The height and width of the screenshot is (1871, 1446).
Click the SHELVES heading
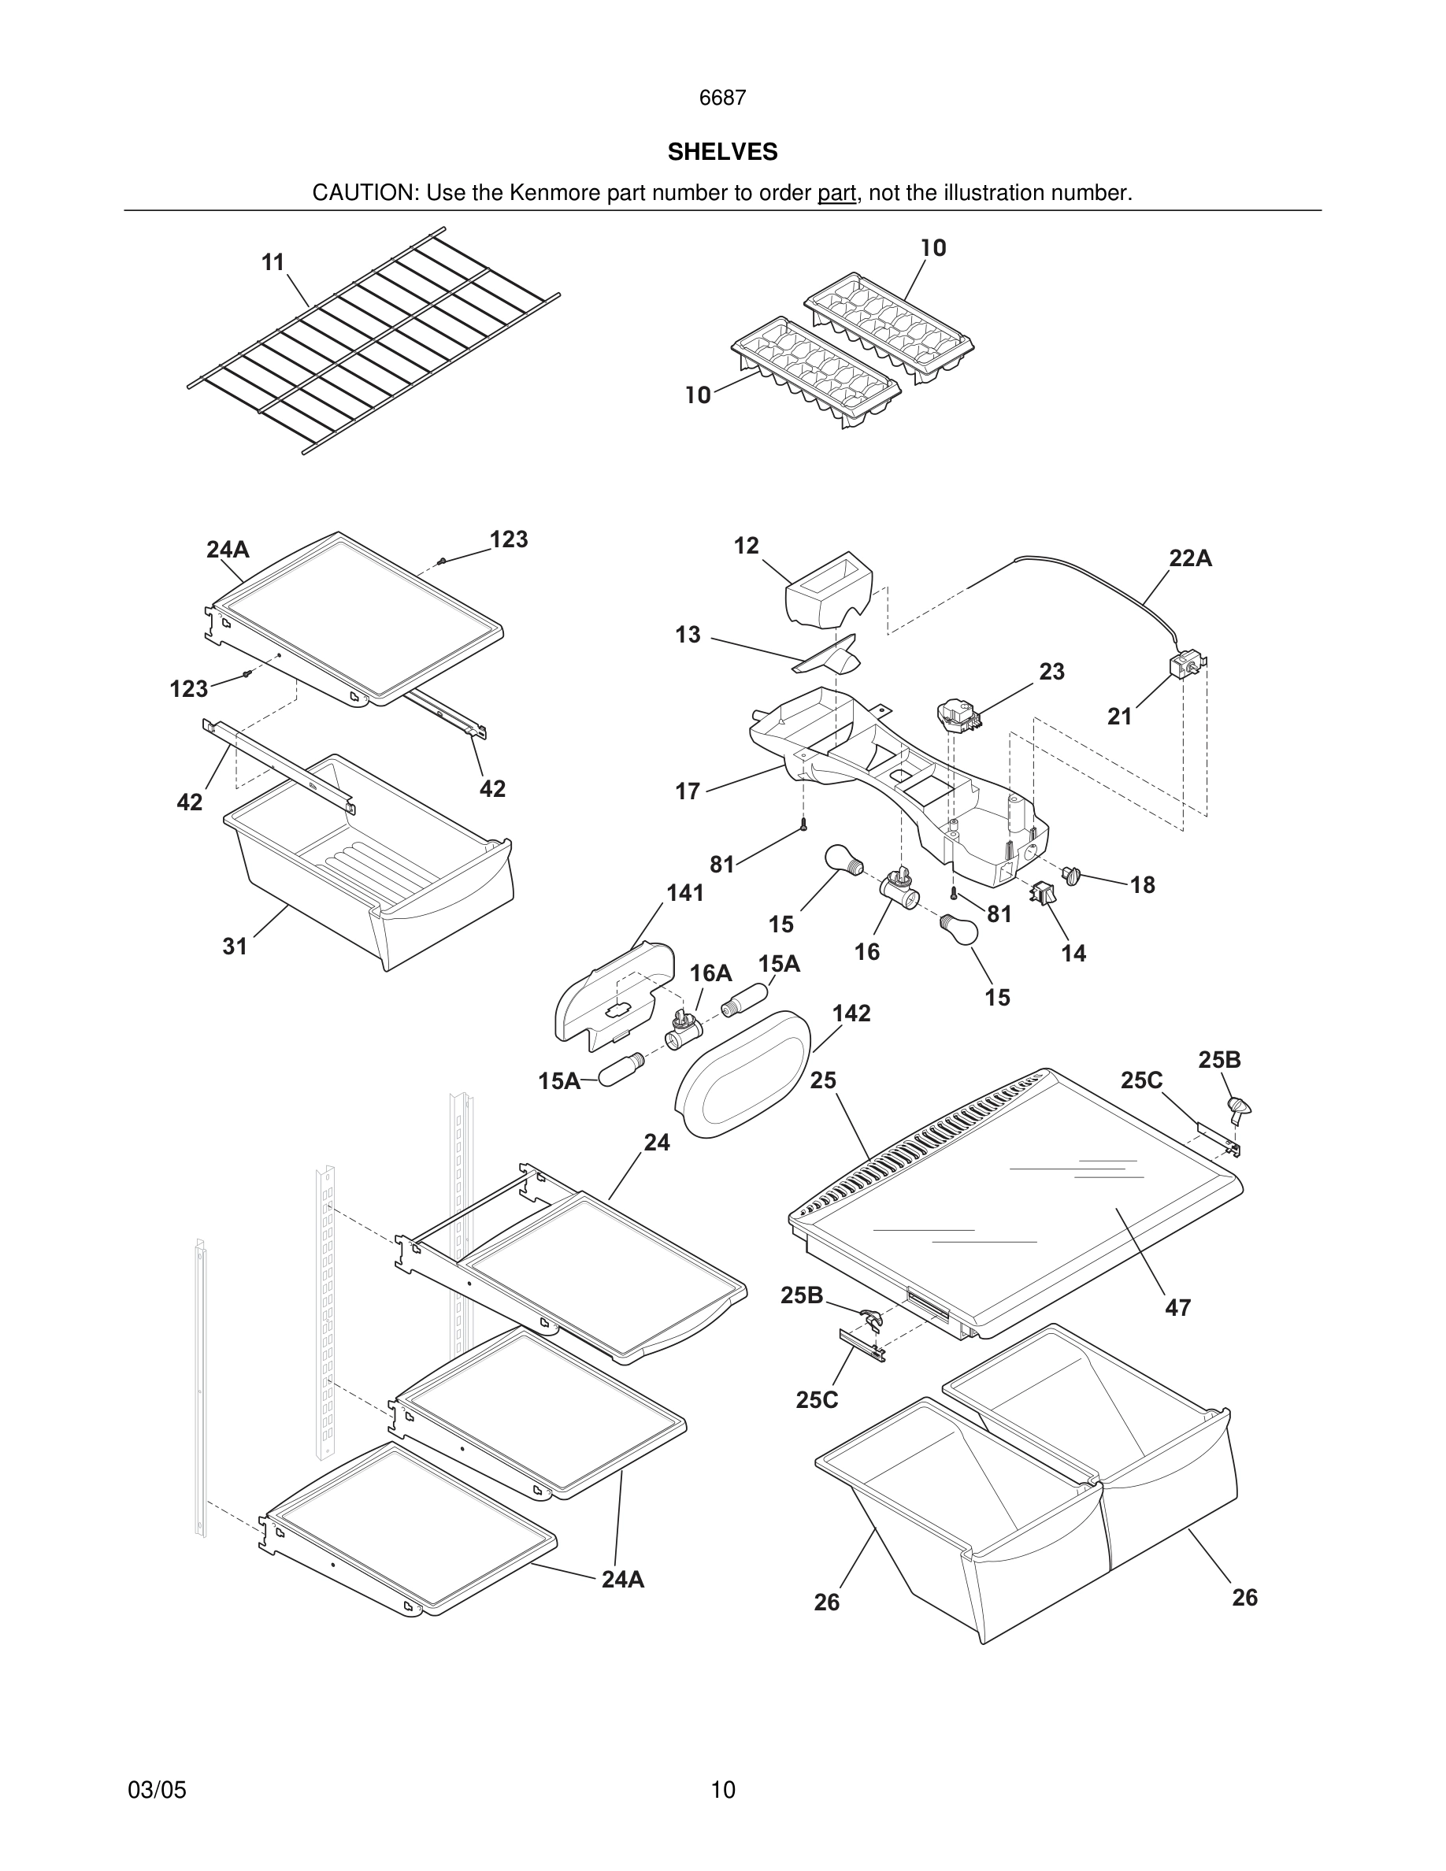[722, 152]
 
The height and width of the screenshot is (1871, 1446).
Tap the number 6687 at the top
[722, 98]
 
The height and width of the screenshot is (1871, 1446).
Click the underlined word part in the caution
[836, 194]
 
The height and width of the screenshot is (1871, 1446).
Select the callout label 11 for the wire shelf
[273, 262]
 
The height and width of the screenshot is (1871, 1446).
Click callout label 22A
[1190, 558]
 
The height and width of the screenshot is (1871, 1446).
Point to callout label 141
[684, 893]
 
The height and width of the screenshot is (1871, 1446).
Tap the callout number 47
[1178, 1307]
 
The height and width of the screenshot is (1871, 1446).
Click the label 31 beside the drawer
[235, 946]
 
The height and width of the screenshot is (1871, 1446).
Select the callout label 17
[687, 791]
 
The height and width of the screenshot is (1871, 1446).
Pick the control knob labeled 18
[1072, 875]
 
